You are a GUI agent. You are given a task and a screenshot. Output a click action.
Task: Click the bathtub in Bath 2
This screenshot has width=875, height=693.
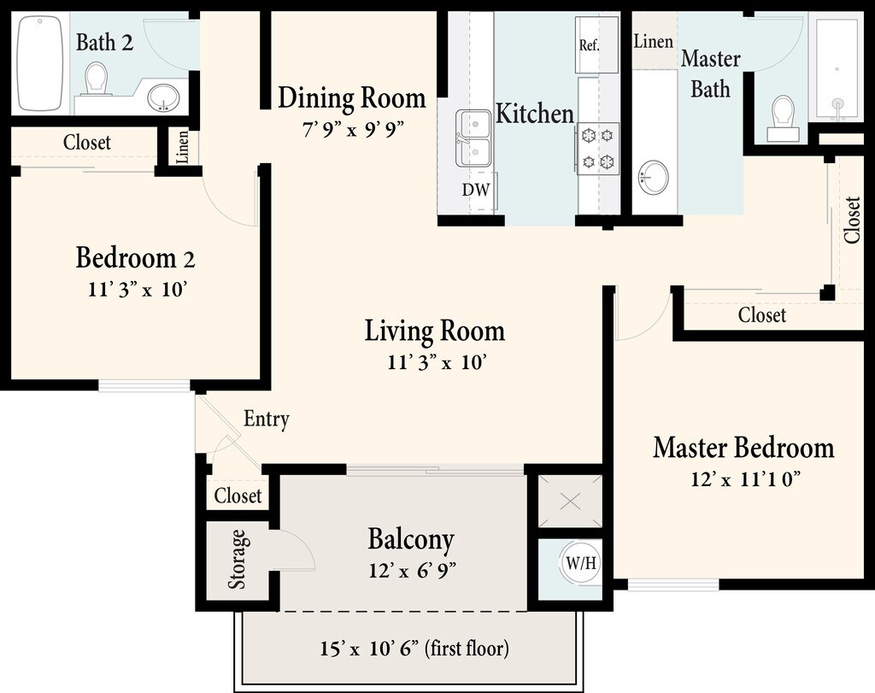click(x=39, y=63)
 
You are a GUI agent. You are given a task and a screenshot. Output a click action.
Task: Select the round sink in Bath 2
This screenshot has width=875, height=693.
click(x=163, y=98)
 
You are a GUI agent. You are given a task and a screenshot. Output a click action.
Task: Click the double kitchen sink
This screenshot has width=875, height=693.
click(x=473, y=138)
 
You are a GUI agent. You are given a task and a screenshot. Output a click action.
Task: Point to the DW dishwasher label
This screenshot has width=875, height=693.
click(x=476, y=190)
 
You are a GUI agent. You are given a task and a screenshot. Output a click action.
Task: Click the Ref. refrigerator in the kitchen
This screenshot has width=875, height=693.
click(x=596, y=44)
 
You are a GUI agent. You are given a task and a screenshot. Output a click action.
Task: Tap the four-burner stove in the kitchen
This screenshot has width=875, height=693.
click(x=597, y=149)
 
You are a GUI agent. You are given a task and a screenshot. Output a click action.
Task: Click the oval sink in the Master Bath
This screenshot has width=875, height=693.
click(x=653, y=178)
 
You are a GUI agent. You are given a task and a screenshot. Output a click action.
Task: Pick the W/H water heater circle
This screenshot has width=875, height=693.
click(x=580, y=564)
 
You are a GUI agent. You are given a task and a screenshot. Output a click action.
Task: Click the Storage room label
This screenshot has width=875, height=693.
click(x=238, y=559)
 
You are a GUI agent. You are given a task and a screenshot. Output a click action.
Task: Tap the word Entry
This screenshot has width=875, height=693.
click(x=267, y=419)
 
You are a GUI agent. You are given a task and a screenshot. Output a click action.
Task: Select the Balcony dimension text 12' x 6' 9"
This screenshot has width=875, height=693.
click(x=413, y=570)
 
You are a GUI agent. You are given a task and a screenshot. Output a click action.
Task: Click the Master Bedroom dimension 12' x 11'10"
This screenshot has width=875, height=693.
click(x=746, y=479)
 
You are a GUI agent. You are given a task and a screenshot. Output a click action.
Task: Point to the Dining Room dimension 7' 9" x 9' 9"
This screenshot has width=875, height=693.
click(x=352, y=129)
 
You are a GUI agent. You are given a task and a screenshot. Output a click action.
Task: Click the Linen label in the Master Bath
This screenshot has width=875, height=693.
click(x=653, y=41)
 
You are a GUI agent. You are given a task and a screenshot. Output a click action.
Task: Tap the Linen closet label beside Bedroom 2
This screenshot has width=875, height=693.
click(x=182, y=147)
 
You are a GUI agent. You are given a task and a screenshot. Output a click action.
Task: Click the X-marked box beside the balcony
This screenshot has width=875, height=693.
click(x=570, y=501)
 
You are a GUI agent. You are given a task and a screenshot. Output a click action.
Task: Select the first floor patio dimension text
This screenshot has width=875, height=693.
click(x=414, y=649)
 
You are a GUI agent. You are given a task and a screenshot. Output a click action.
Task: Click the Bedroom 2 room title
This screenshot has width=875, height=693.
click(x=136, y=258)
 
